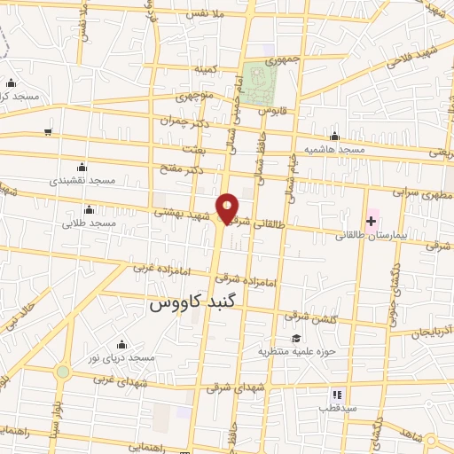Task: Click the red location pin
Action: click(x=228, y=207)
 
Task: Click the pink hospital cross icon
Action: click(x=371, y=220)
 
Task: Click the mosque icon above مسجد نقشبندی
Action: click(x=82, y=167)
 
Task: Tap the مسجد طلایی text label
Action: click(x=89, y=223)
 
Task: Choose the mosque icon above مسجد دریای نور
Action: click(x=121, y=344)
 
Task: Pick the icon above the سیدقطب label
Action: click(x=336, y=394)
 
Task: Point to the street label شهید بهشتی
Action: click(x=181, y=213)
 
